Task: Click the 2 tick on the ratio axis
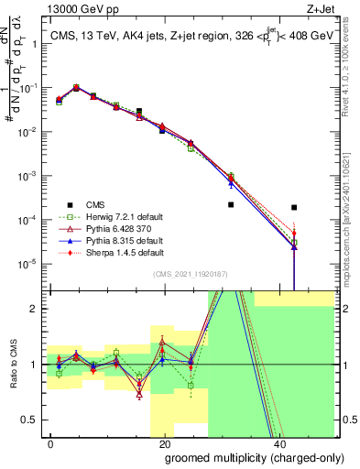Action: pos(36,309)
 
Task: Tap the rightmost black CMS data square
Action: pos(294,208)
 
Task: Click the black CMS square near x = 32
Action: pos(231,231)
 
